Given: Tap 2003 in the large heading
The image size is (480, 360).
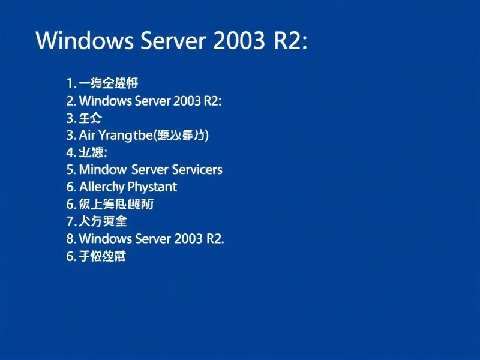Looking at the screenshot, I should click(x=239, y=40).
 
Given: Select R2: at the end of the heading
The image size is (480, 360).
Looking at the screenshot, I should click(x=291, y=40).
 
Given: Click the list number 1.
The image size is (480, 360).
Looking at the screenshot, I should click(x=70, y=83).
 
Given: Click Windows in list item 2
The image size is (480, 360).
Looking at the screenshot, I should click(x=105, y=101).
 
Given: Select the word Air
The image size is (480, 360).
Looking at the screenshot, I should click(x=88, y=135).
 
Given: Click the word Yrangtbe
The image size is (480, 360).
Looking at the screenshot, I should click(x=126, y=135).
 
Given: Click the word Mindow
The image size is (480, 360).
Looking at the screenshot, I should click(x=101, y=170).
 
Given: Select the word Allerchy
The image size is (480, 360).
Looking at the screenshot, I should click(x=101, y=187).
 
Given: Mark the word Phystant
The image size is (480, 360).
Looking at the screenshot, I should click(x=152, y=187).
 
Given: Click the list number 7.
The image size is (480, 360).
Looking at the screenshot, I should click(x=70, y=221).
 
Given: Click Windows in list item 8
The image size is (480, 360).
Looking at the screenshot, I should click(x=105, y=239).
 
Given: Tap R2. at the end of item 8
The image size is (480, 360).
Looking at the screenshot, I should click(x=215, y=239).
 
